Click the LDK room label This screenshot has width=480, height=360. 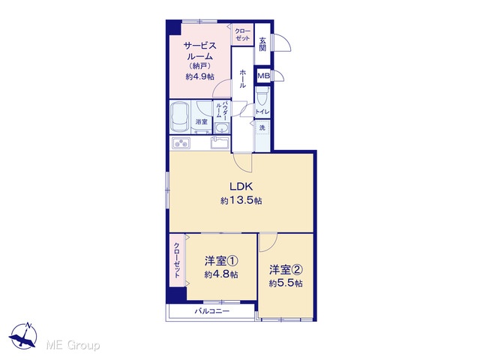coord(241,187)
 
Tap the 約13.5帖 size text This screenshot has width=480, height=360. coord(241,201)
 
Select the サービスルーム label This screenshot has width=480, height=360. coord(199,51)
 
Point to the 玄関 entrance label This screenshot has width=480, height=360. coord(262,44)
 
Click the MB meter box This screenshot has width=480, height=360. coord(263,76)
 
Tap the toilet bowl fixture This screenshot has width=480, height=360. coord(262,96)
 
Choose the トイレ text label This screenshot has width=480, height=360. coord(262,112)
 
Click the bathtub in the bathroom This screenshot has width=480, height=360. coord(180,117)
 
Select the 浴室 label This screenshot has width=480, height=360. coord(202,121)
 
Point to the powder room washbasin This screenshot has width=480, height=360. coord(222,128)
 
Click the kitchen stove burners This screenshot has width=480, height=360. coord(181,142)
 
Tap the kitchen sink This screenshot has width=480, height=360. coord(220,143)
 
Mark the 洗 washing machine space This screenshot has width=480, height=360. coord(262,127)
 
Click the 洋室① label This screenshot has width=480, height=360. coord(221,261)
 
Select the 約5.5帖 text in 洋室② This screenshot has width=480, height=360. coord(286,283)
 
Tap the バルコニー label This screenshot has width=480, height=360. coord(212,312)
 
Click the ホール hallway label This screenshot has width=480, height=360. coord(242,79)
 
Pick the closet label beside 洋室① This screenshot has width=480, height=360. coord(177,260)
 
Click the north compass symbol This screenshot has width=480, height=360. coord(23,336)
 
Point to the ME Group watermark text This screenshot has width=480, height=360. coord(73,345)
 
